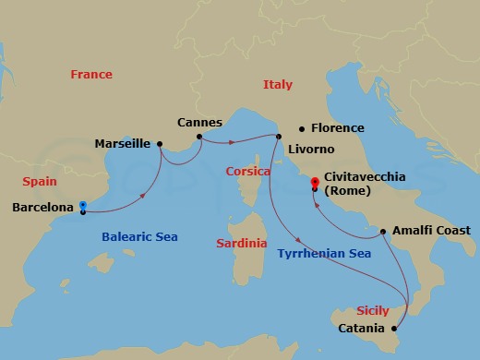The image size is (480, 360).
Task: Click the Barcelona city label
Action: pyautogui.click(x=42, y=208)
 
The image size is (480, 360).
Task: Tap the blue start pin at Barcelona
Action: pyautogui.click(x=83, y=206)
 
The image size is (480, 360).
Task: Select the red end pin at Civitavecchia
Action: pyautogui.click(x=315, y=182)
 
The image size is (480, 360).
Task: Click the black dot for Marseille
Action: pyautogui.click(x=160, y=143)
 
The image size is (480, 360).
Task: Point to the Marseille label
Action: pyautogui.click(x=123, y=143)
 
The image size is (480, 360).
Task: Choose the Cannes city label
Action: pyautogui.click(x=200, y=122)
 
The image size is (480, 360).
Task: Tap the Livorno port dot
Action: pyautogui.click(x=278, y=137)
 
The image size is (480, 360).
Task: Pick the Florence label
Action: pyautogui.click(x=338, y=128)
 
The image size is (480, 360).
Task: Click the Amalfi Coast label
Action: pyautogui.click(x=431, y=230)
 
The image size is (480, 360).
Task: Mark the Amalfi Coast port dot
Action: pyautogui.click(x=382, y=231)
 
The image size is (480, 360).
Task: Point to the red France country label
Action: pyautogui.click(x=91, y=75)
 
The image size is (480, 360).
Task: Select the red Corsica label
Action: pyautogui.click(x=247, y=172)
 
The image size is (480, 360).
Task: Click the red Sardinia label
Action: pyautogui.click(x=241, y=244)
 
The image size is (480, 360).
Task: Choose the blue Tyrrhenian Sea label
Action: pyautogui.click(x=323, y=253)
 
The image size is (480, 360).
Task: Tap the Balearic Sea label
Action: pyautogui.click(x=138, y=237)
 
